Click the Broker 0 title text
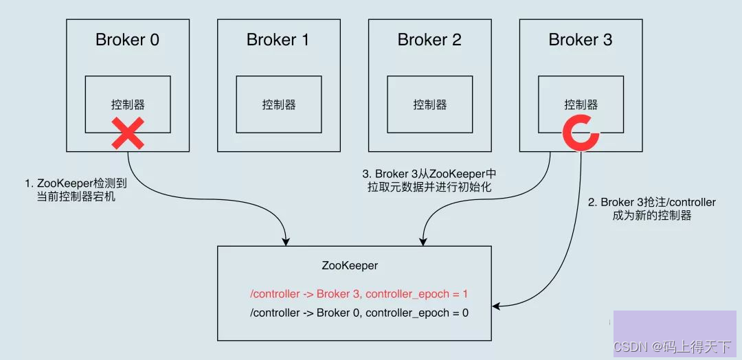(x=127, y=40)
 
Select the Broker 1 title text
(x=278, y=40)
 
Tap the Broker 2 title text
(x=429, y=40)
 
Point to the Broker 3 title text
(x=581, y=40)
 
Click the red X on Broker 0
(x=128, y=133)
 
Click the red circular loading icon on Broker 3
(x=581, y=133)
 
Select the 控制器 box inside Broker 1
(x=278, y=104)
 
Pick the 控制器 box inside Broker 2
(x=429, y=104)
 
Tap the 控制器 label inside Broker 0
(x=128, y=104)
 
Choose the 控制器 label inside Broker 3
(x=581, y=104)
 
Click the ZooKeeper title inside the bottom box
(x=350, y=265)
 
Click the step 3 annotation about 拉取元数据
(x=428, y=181)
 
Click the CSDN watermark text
(x=672, y=348)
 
